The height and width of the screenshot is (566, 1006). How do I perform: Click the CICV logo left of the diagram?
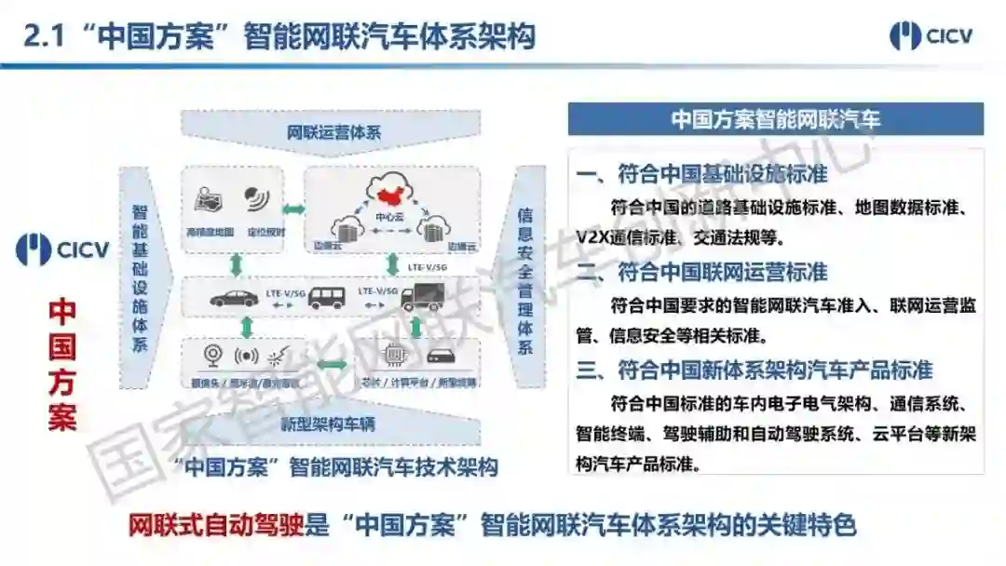point(62,249)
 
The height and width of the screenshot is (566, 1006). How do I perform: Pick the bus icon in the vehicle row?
point(327,297)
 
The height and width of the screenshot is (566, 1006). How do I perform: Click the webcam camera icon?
point(211,356)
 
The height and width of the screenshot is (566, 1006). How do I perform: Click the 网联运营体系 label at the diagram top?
point(333,131)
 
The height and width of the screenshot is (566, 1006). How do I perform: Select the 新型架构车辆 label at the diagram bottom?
point(329,424)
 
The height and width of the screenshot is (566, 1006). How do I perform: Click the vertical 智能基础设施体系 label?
point(140,277)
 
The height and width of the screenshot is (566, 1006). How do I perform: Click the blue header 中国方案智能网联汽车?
point(775,119)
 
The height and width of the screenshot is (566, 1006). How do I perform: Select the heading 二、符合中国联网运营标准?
point(701,272)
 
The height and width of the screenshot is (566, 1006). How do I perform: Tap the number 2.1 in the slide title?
point(46,36)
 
